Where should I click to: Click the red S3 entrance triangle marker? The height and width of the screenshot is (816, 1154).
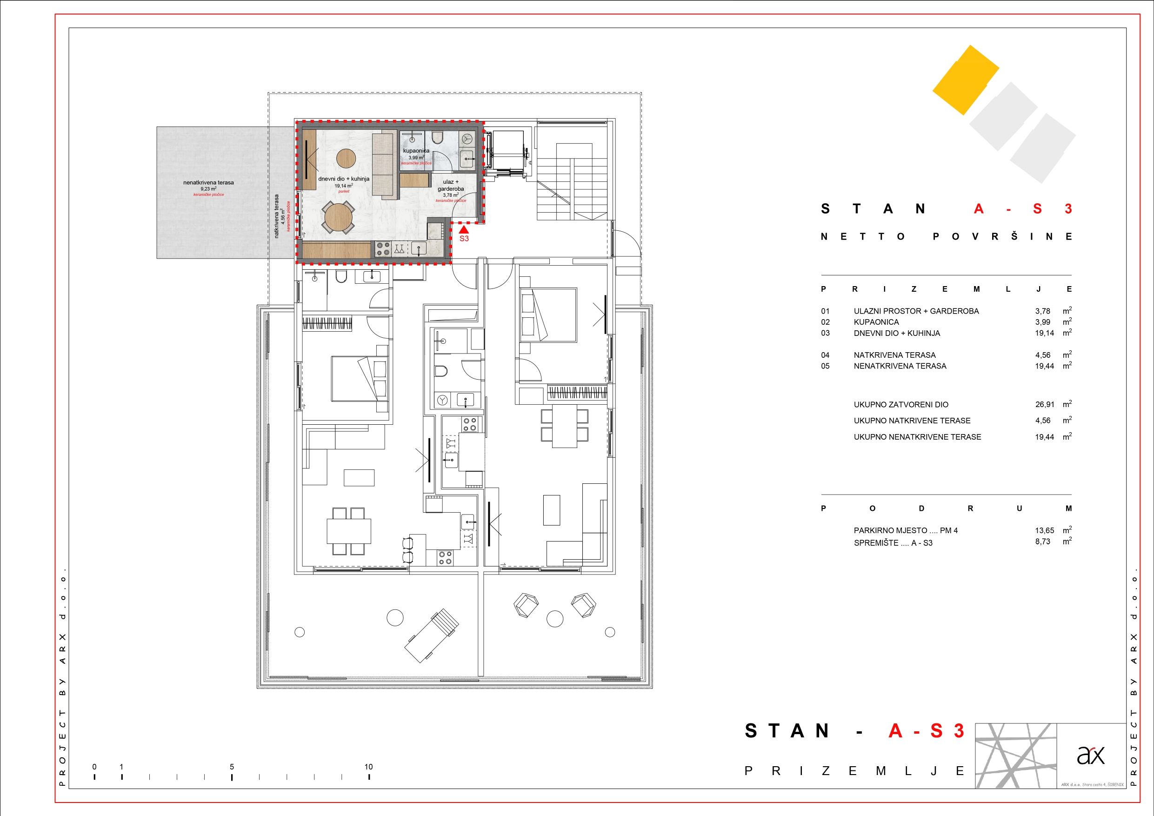coord(464,229)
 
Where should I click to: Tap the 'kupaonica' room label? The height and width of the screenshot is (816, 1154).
coord(416,151)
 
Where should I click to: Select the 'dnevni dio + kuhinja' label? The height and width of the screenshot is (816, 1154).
coord(344,179)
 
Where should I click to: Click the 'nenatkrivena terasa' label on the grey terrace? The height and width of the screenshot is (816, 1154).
coord(208,183)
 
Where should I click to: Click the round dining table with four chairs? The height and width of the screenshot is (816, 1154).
coord(339,217)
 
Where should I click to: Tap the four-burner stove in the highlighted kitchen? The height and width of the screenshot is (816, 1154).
coord(383,249)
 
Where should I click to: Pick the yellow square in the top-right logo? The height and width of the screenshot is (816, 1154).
coord(966,80)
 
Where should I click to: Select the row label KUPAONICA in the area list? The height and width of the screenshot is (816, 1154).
coord(876,322)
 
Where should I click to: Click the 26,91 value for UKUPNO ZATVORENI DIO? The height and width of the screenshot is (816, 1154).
coord(1044,405)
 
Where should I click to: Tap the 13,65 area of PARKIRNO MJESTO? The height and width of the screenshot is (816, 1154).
coord(1044,530)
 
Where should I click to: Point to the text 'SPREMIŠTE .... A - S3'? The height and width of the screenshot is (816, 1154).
coord(893,543)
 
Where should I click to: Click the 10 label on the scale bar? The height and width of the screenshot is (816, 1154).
coord(368,767)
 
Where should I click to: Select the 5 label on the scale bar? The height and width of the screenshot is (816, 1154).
coord(232,767)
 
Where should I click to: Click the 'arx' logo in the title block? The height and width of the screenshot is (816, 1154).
coord(1091,755)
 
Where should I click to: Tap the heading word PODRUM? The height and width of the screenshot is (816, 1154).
coord(946,508)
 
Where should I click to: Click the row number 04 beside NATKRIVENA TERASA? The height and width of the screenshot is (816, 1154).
coord(825,355)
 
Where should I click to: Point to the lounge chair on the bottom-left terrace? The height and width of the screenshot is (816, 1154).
coord(432,635)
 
